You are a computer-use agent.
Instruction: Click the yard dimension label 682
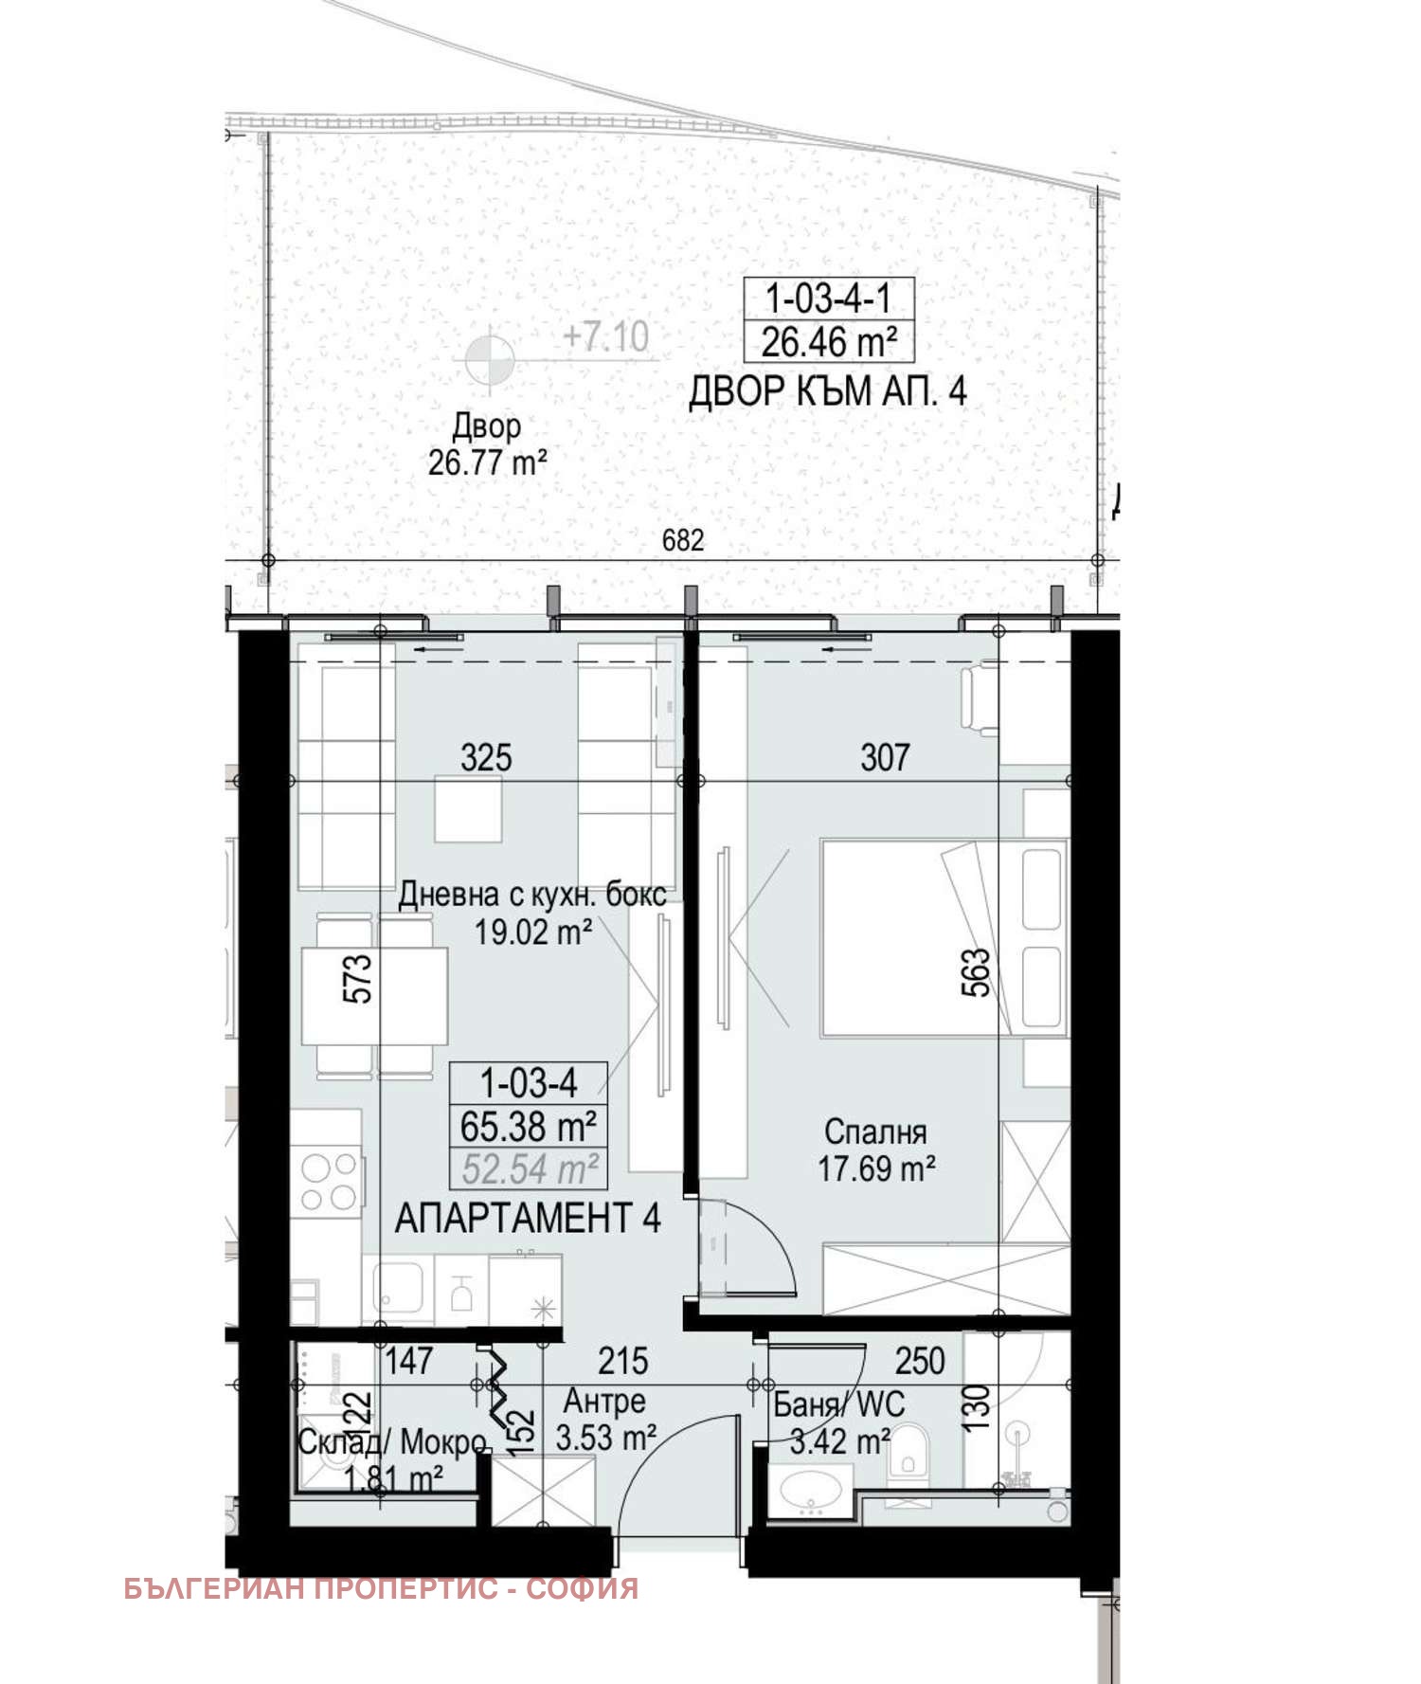682,540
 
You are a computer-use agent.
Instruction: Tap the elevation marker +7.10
605,336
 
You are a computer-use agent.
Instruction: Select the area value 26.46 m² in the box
828,342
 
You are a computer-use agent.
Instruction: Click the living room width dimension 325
486,758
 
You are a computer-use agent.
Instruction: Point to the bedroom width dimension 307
885,757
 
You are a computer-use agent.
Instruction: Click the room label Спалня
875,1132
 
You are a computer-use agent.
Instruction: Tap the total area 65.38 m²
528,1127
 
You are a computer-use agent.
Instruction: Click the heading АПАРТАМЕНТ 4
528,1219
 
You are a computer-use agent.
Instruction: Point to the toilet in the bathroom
908,1451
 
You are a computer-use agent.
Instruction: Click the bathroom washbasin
809,1490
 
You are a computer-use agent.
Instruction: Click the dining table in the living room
375,996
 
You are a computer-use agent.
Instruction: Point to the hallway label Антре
604,1401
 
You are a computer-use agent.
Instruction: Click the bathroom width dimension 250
920,1362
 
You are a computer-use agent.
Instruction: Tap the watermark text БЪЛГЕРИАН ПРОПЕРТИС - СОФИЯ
381,1588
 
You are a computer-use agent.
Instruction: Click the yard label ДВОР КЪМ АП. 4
827,391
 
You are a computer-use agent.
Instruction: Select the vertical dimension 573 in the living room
358,978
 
